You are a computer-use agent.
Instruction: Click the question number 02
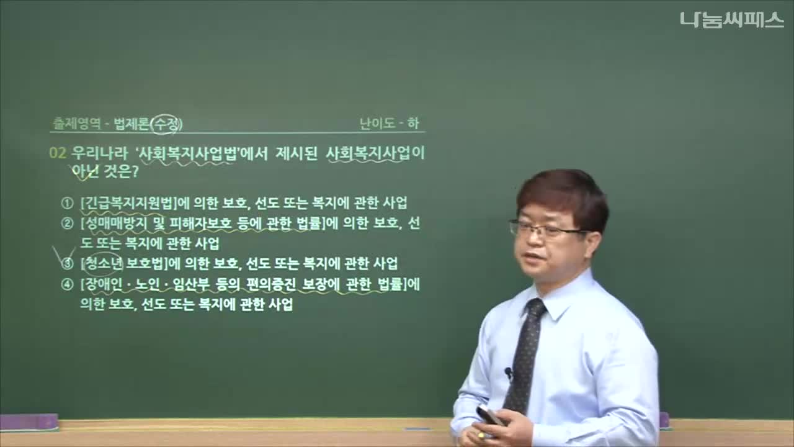coord(58,153)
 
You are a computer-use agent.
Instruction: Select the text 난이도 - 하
coord(389,124)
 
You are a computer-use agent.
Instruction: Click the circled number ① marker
coord(67,203)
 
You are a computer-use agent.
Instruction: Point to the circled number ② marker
coord(67,224)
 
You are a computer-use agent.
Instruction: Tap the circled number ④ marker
coord(67,285)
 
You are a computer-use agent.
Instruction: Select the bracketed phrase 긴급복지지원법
coord(128,203)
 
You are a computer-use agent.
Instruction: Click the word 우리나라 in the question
coord(99,153)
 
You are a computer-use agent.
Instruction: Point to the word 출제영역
coord(76,124)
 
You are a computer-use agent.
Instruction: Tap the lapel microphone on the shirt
coord(509,373)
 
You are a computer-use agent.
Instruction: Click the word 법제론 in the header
coord(131,124)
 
